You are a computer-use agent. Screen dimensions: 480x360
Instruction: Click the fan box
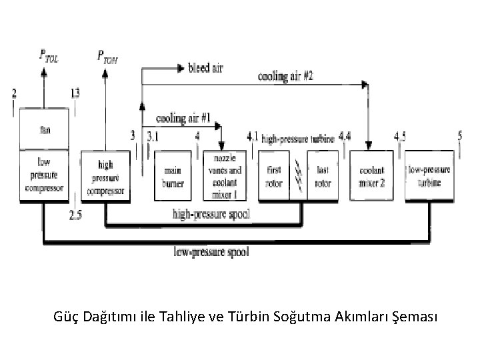tap(45, 129)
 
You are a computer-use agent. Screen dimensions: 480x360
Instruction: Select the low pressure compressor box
tap(45, 175)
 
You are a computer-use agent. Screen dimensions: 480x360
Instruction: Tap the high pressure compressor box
tap(106, 177)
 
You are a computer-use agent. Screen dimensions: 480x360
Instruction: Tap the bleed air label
tap(207, 68)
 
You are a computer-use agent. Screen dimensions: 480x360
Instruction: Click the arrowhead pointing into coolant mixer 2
tap(365, 85)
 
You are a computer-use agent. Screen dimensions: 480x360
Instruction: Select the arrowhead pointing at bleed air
tap(179, 68)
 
